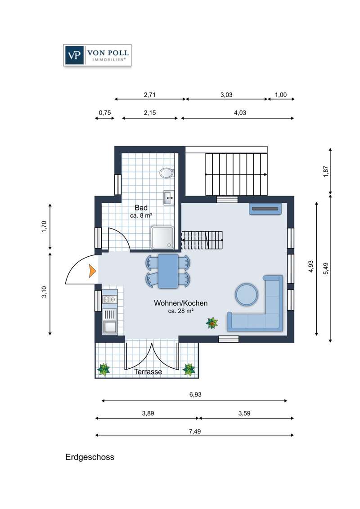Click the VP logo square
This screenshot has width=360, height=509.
pos(74,55)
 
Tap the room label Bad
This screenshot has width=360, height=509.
pos(141,208)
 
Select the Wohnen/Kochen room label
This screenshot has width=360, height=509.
pos(180,303)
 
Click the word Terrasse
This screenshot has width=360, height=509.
pos(148,372)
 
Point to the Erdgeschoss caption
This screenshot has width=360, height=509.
pos(90,457)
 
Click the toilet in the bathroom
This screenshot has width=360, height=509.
pos(166,173)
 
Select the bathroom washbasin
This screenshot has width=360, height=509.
pos(169,197)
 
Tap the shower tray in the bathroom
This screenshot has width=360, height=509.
pos(162,238)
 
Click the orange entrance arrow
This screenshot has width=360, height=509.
pos(93,271)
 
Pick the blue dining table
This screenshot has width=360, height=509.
pos(168,271)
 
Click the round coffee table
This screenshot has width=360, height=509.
pos(247,294)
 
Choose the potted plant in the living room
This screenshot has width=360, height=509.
pos(212,323)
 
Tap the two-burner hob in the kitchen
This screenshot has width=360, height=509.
pos(110,299)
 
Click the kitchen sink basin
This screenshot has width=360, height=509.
pos(110,327)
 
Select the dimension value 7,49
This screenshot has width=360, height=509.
pos(195,431)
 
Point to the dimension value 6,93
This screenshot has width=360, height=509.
pos(195,394)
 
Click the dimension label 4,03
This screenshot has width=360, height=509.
pos(240,113)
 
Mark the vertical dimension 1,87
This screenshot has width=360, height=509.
pos(326,171)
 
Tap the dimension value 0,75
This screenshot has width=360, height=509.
pos(105,113)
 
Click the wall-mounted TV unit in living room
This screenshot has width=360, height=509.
pos(265,209)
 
